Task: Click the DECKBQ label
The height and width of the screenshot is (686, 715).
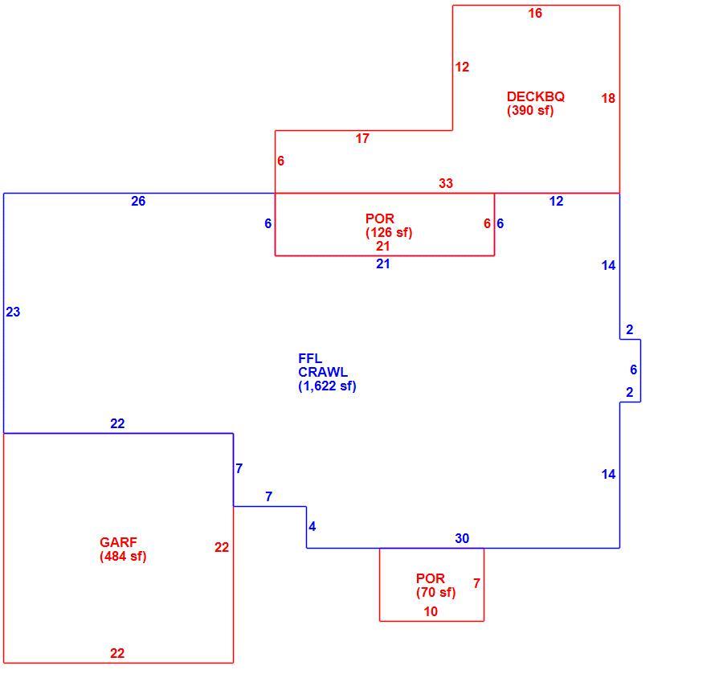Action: click(x=535, y=96)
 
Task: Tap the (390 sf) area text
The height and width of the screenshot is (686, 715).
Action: click(x=530, y=110)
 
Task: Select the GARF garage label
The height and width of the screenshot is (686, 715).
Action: click(x=118, y=542)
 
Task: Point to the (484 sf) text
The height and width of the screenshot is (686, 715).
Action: click(x=123, y=556)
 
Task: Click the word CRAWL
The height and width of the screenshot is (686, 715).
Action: click(x=323, y=372)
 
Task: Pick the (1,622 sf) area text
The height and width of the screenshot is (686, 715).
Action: click(x=327, y=386)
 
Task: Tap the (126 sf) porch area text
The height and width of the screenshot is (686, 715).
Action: click(x=389, y=232)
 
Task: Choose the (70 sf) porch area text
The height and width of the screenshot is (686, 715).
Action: click(x=435, y=592)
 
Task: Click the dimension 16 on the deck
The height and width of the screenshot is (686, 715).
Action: click(x=535, y=13)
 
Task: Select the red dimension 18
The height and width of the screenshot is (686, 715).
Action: click(x=608, y=98)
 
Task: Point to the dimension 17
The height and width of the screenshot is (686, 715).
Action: click(x=362, y=139)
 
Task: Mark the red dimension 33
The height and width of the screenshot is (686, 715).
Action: click(x=446, y=183)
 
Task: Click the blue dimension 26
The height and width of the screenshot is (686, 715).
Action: click(x=138, y=201)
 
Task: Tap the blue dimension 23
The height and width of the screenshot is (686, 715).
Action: click(x=13, y=312)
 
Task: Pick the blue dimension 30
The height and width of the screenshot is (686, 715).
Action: click(x=461, y=538)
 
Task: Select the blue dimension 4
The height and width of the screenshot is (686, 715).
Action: click(x=312, y=526)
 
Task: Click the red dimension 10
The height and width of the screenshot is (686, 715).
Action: click(x=431, y=612)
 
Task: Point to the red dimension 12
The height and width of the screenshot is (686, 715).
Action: click(x=461, y=67)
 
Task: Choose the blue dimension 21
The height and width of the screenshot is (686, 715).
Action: click(x=382, y=263)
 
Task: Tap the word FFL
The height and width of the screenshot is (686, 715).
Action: click(x=310, y=358)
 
